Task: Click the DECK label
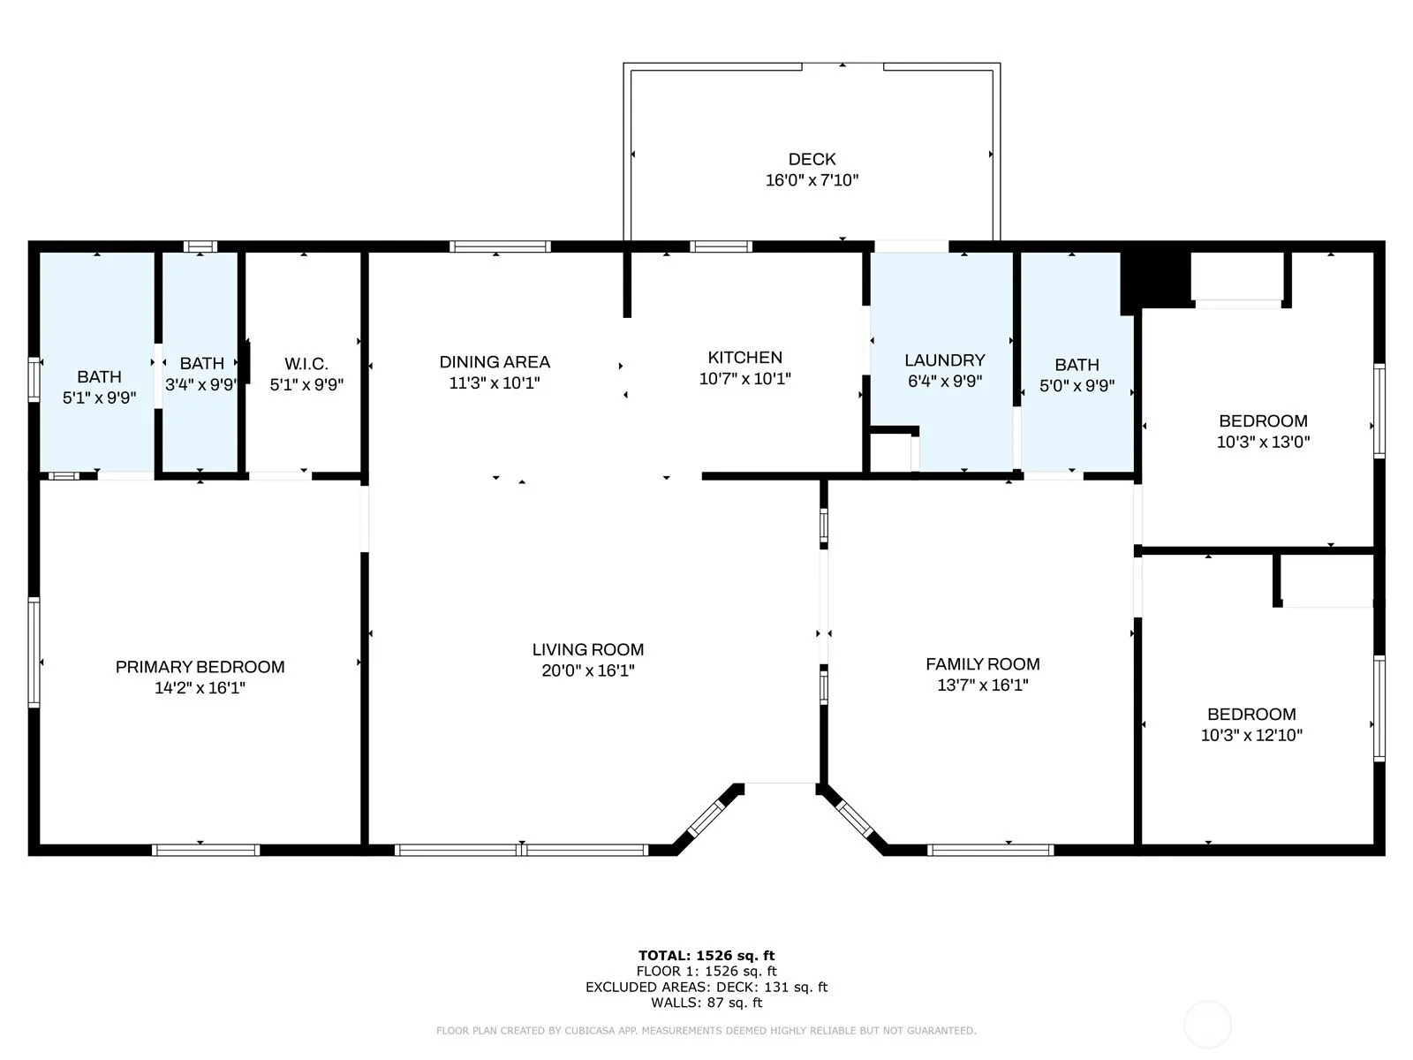click(x=812, y=159)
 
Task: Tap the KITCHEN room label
click(x=744, y=357)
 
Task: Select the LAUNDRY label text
click(x=944, y=360)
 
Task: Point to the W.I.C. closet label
click(x=306, y=364)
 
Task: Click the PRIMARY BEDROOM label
click(x=200, y=667)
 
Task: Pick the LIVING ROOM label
click(x=588, y=649)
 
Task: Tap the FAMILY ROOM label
click(x=982, y=663)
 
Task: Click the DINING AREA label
click(x=495, y=361)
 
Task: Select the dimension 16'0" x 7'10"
click(x=812, y=180)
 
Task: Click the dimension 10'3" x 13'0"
click(x=1263, y=442)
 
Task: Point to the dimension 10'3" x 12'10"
click(x=1251, y=735)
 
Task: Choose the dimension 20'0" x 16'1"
click(x=588, y=670)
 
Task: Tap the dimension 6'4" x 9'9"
click(x=944, y=381)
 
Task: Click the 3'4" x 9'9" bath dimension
click(x=200, y=385)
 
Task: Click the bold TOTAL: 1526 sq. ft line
click(x=706, y=956)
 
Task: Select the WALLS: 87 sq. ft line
click(x=706, y=1002)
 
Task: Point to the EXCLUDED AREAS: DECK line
click(x=706, y=987)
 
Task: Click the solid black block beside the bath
click(x=1155, y=280)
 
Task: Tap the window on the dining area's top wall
click(x=500, y=246)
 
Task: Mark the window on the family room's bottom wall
click(x=990, y=850)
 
